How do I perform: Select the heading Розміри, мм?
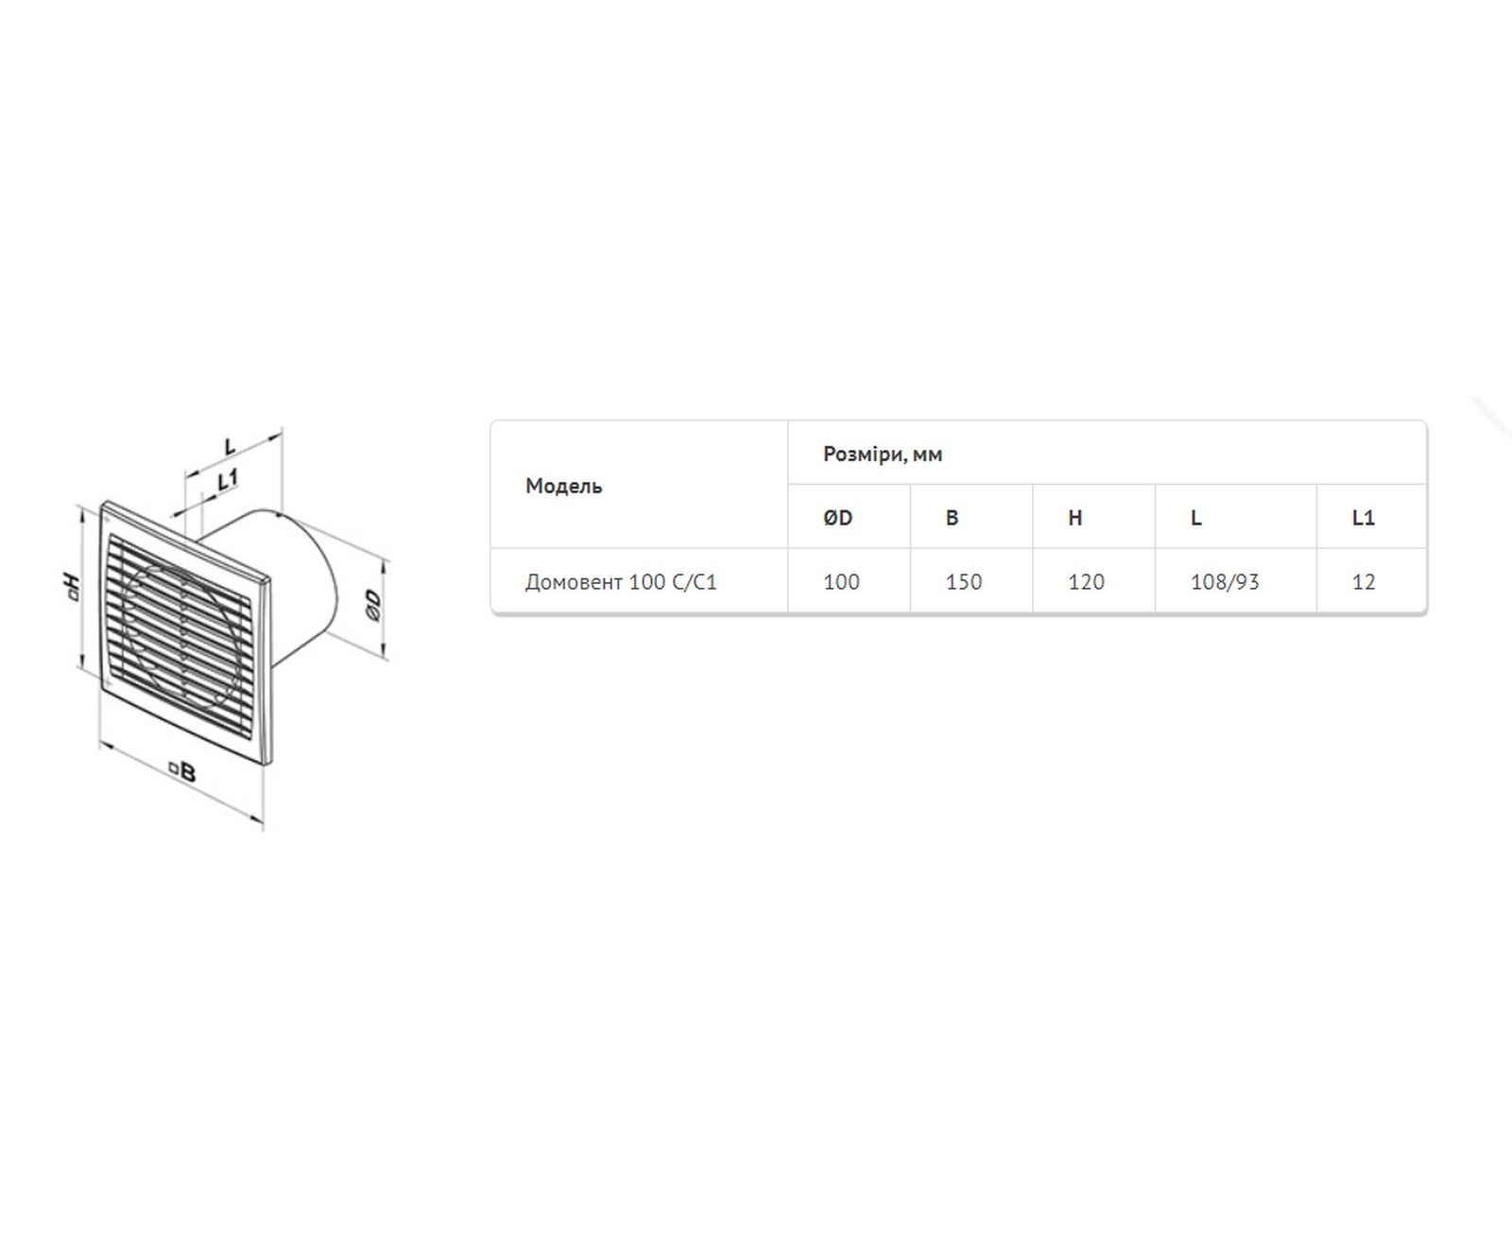pos(883,454)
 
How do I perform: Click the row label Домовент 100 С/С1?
pos(621,581)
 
